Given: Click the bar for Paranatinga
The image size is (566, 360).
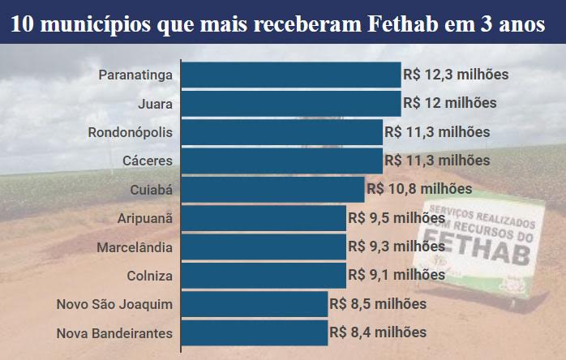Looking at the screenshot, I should click(291, 75).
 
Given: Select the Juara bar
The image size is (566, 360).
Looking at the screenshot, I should click(291, 103).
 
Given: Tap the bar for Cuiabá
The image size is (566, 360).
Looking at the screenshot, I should click(273, 189).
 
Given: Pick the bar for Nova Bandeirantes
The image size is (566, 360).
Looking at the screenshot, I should click(255, 332).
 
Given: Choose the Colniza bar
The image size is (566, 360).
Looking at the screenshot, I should click(264, 275).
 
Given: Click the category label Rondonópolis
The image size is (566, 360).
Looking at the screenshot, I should click(130, 132).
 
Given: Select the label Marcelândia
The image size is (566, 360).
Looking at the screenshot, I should click(134, 246).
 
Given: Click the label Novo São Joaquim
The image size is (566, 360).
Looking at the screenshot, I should click(114, 304).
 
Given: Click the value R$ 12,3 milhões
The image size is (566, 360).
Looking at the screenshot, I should click(456, 75).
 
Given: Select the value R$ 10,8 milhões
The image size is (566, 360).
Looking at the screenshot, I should click(419, 189).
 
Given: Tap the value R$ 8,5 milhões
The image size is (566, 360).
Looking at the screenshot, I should click(378, 304).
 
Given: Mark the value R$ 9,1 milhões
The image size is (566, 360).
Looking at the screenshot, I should click(397, 275).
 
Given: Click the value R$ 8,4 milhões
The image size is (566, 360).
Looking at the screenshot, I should click(378, 332).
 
